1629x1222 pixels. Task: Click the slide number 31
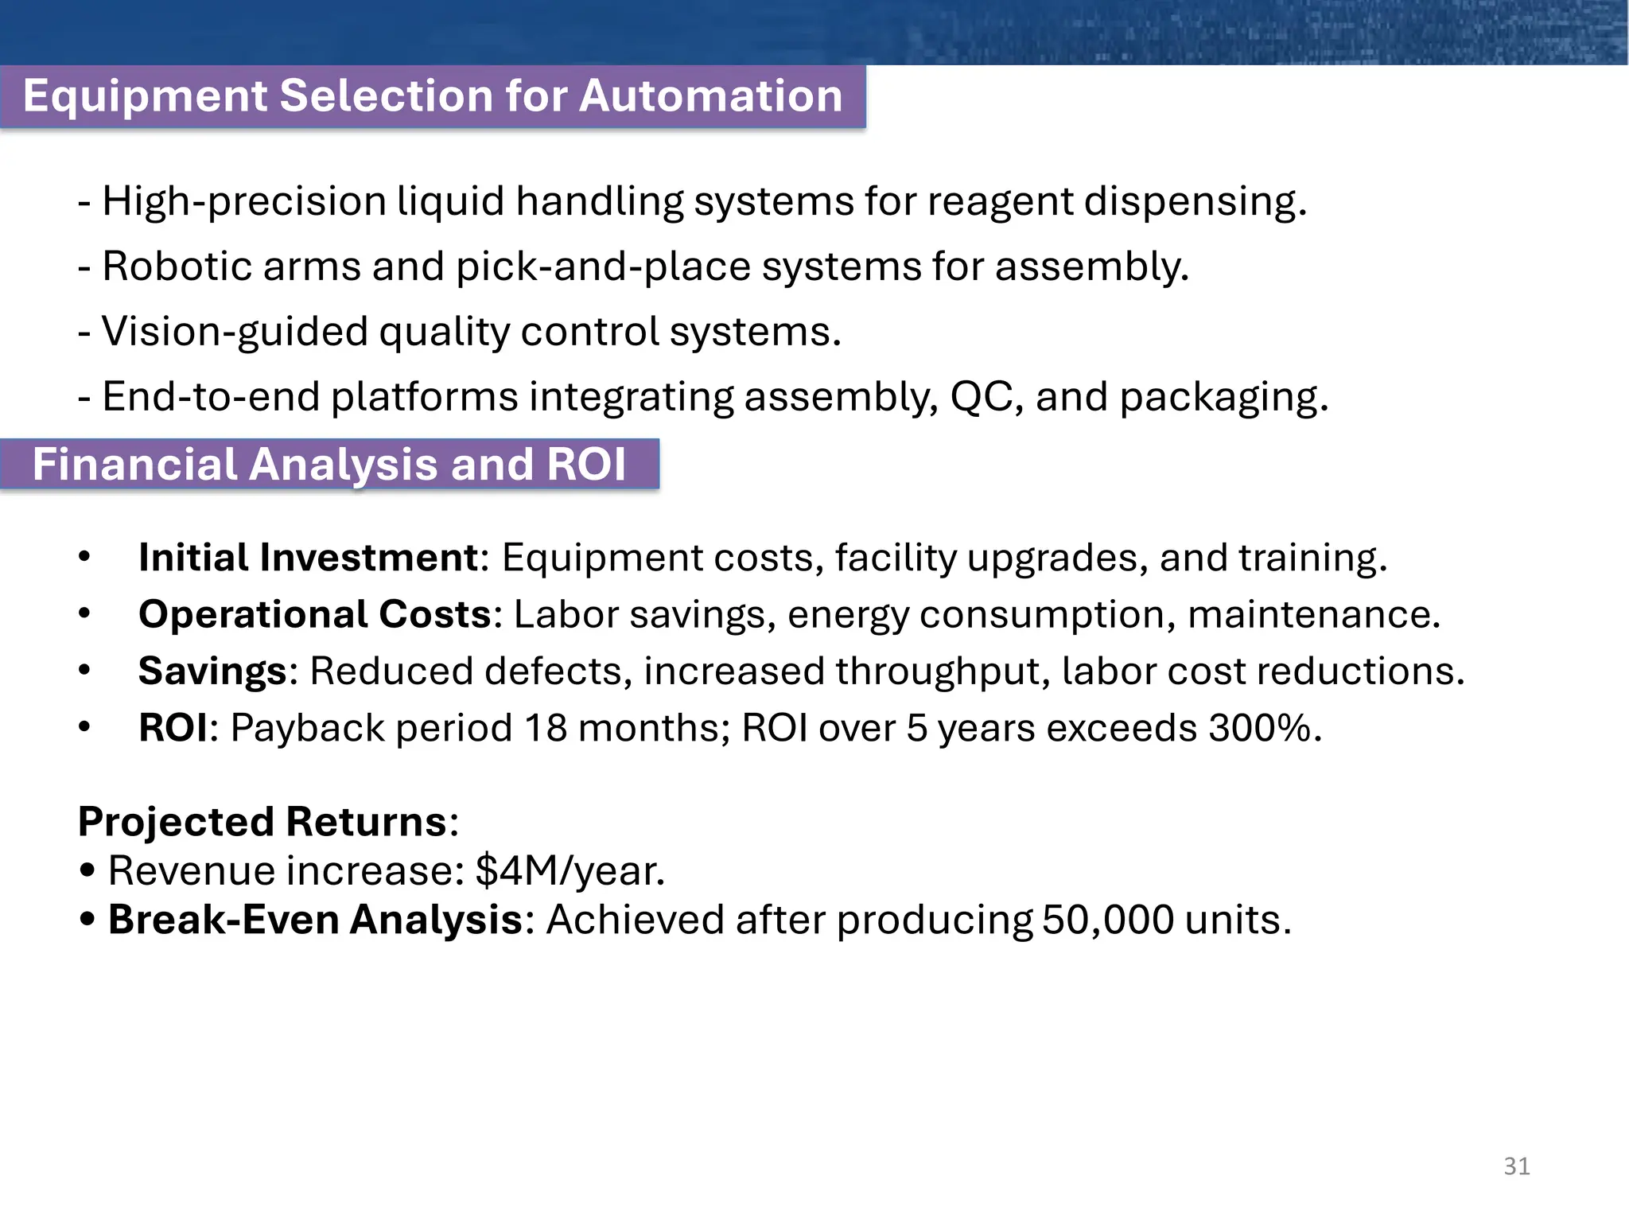(x=1516, y=1166)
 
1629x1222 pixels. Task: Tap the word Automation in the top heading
(x=710, y=96)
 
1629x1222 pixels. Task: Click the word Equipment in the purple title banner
(x=146, y=96)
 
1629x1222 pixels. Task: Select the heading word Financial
(x=135, y=464)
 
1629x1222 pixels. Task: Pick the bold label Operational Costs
(x=315, y=614)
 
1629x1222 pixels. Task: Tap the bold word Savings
(x=212, y=671)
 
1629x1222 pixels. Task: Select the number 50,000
(x=1107, y=920)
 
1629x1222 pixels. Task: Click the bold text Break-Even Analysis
(x=315, y=920)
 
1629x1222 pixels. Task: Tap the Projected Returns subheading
(x=262, y=822)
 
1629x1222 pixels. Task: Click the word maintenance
(x=1312, y=614)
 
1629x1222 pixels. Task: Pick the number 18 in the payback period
(x=546, y=728)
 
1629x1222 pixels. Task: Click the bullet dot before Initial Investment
(x=85, y=557)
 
